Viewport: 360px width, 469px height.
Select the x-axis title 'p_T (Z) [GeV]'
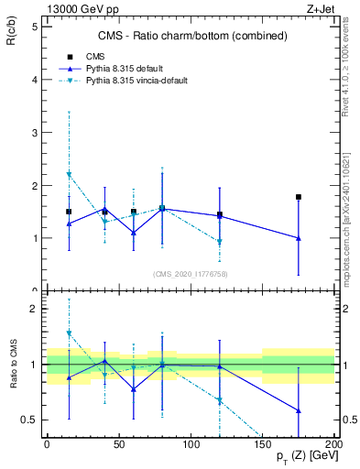tap(308, 456)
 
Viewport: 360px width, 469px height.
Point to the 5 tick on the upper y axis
tap(34, 27)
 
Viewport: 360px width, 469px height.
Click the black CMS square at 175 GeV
tap(299, 197)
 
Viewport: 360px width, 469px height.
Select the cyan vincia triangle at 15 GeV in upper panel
tap(69, 174)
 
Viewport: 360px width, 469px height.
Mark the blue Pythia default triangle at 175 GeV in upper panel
tap(299, 238)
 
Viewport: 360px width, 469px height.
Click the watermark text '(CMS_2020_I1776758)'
tap(190, 273)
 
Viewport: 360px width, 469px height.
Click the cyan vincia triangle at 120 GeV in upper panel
tap(220, 242)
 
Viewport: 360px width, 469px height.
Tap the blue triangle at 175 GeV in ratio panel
tap(299, 410)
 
